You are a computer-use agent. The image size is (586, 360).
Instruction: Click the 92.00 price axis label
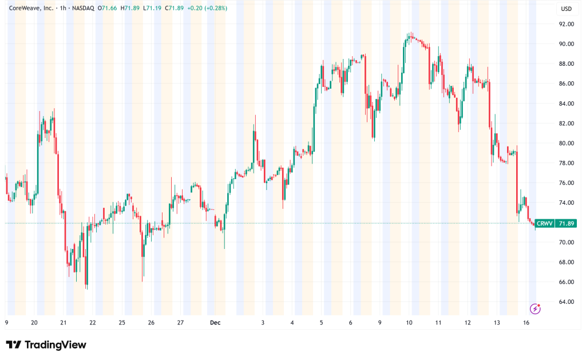pos(567,24)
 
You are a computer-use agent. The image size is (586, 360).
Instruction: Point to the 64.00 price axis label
pos(567,302)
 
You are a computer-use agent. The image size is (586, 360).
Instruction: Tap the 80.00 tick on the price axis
pos(567,143)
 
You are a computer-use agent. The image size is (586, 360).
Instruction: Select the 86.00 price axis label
pos(567,84)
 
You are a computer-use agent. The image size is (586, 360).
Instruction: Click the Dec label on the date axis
pos(215,323)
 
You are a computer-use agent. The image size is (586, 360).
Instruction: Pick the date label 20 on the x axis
pos(34,323)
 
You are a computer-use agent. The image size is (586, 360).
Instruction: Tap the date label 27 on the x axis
pos(180,323)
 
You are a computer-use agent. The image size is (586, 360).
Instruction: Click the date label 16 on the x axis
pos(526,323)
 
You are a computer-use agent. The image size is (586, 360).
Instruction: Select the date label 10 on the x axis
pos(409,323)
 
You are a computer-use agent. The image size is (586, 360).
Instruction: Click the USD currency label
pos(567,9)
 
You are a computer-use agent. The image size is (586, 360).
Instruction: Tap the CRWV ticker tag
pos(544,223)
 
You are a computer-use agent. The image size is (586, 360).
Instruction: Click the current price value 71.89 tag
pos(567,223)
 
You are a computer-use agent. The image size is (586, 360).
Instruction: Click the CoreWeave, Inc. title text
pos(29,8)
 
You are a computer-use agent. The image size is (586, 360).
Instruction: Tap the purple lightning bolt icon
pos(536,309)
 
